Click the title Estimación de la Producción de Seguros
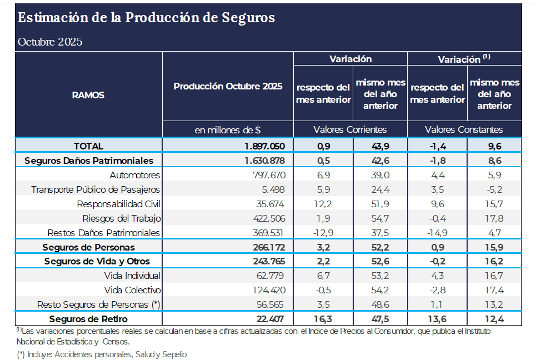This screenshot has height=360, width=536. pos(146,18)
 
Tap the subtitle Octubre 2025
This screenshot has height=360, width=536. pos(50,42)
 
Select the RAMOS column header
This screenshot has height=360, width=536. pos(88,95)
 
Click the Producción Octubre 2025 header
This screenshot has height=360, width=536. pos(228,87)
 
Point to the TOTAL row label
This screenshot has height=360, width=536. pos(88,146)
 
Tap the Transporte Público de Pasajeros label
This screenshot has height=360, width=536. pos(96,189)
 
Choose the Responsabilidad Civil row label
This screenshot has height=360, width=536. pos(118,204)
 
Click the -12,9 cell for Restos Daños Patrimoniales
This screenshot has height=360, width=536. pos(323,233)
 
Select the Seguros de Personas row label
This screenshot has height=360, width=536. pos(88,247)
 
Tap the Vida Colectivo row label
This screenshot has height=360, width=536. pos(132,290)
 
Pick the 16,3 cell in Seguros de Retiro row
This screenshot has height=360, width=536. pos(323,319)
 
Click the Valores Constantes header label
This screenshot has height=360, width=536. pos(464,129)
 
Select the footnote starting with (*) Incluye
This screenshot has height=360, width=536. pos(102,354)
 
